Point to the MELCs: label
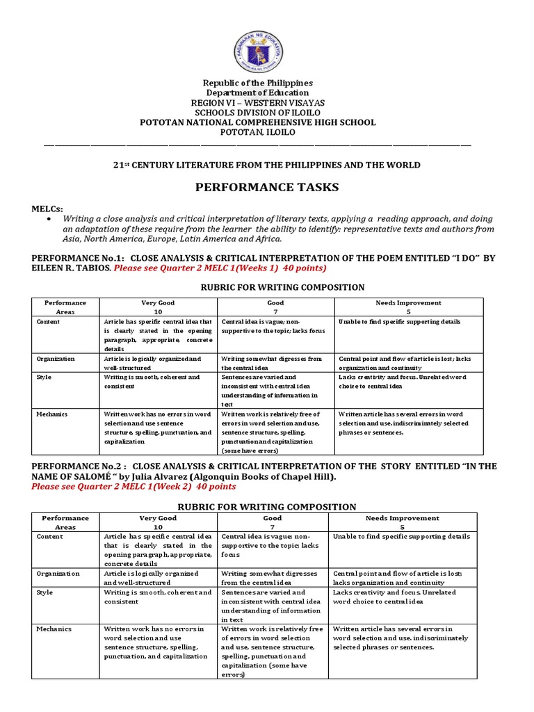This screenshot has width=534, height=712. pyautogui.click(x=47, y=209)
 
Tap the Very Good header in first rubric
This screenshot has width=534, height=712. pyautogui.click(x=158, y=303)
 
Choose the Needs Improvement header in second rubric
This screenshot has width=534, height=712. pyautogui.click(x=403, y=518)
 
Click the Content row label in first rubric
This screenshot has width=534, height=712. pyautogui.click(x=48, y=322)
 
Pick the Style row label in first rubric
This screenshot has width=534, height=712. pyautogui.click(x=44, y=377)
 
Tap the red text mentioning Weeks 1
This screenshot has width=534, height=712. pyautogui.click(x=220, y=268)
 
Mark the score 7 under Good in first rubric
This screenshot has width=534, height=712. pyautogui.click(x=275, y=312)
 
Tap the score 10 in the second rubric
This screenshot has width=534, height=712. pyautogui.click(x=158, y=527)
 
